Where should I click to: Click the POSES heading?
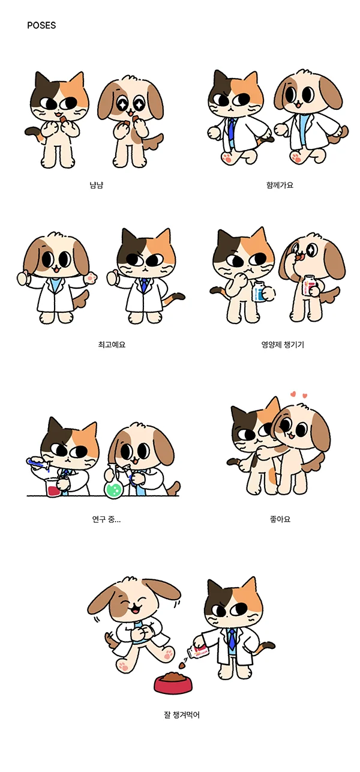41,26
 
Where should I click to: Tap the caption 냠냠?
97,185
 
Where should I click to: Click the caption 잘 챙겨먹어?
181,715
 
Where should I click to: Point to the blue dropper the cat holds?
37,463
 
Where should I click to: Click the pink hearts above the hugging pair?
298,396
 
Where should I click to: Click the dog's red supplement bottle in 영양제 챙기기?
310,286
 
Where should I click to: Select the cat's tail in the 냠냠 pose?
34,132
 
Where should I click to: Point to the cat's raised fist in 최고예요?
113,277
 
